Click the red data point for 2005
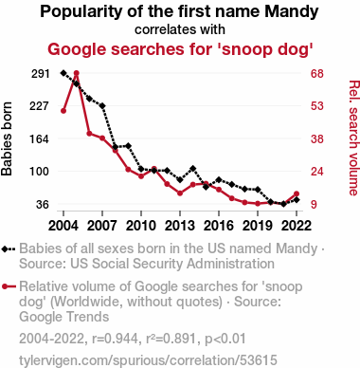tap(76, 73)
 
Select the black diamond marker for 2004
tap(63, 73)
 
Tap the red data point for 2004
tap(63, 111)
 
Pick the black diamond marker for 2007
tap(102, 105)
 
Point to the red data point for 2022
tap(297, 193)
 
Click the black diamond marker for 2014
tap(192, 169)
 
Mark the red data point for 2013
tap(180, 193)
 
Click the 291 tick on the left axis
tap(41, 74)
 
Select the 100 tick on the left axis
tap(39, 172)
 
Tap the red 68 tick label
tap(317, 74)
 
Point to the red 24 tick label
tap(317, 172)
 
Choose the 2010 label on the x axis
tap(141, 226)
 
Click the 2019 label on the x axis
tap(258, 226)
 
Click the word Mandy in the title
tap(292, 12)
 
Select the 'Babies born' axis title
tap(7, 138)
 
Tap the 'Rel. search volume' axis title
tap(354, 138)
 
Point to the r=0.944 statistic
tap(115, 339)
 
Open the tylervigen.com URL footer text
tap(148, 360)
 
